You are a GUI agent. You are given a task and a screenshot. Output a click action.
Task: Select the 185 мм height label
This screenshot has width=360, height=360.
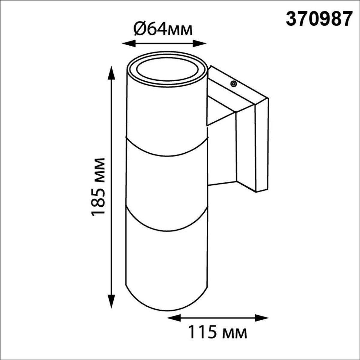[99, 186]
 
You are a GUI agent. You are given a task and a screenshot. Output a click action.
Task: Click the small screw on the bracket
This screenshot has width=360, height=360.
[233, 84]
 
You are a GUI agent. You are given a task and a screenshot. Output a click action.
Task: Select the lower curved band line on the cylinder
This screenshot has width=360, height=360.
[166, 230]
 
